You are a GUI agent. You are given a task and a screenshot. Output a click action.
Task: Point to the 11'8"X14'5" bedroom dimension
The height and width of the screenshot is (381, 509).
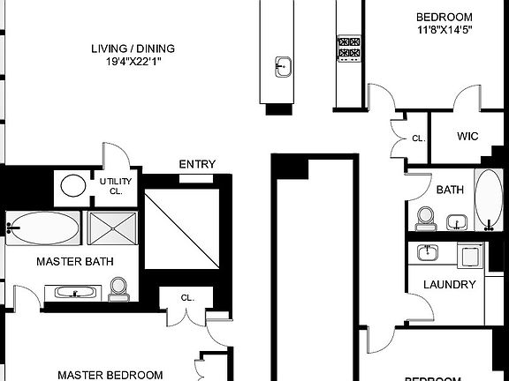pos(444,31)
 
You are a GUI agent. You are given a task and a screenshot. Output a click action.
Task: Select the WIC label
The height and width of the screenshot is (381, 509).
pos(467,138)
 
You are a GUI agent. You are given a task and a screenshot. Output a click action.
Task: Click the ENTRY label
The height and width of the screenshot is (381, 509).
pos(198,164)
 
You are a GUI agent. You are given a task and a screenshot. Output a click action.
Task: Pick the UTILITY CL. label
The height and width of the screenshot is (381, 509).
pos(115,186)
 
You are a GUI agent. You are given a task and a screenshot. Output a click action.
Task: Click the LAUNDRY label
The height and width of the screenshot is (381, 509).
pos(450,285)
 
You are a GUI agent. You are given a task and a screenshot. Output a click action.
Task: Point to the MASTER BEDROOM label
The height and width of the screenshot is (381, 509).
pos(110,374)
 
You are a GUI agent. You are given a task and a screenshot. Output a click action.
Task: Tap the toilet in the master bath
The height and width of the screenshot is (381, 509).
pos(117,288)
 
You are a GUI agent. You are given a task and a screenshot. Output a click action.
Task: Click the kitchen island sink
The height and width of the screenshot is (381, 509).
pos(281,64)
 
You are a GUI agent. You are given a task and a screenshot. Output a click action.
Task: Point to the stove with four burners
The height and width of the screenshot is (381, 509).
pos(348,47)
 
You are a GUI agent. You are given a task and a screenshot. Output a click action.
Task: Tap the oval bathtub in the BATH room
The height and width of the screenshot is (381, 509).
pos(488,198)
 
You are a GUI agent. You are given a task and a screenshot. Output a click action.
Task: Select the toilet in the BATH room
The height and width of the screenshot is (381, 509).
pos(426,216)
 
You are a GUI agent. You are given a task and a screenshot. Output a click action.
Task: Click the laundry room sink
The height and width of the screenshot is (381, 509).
pos(428,253)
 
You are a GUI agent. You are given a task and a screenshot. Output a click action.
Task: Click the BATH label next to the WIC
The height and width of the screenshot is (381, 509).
pos(450,190)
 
